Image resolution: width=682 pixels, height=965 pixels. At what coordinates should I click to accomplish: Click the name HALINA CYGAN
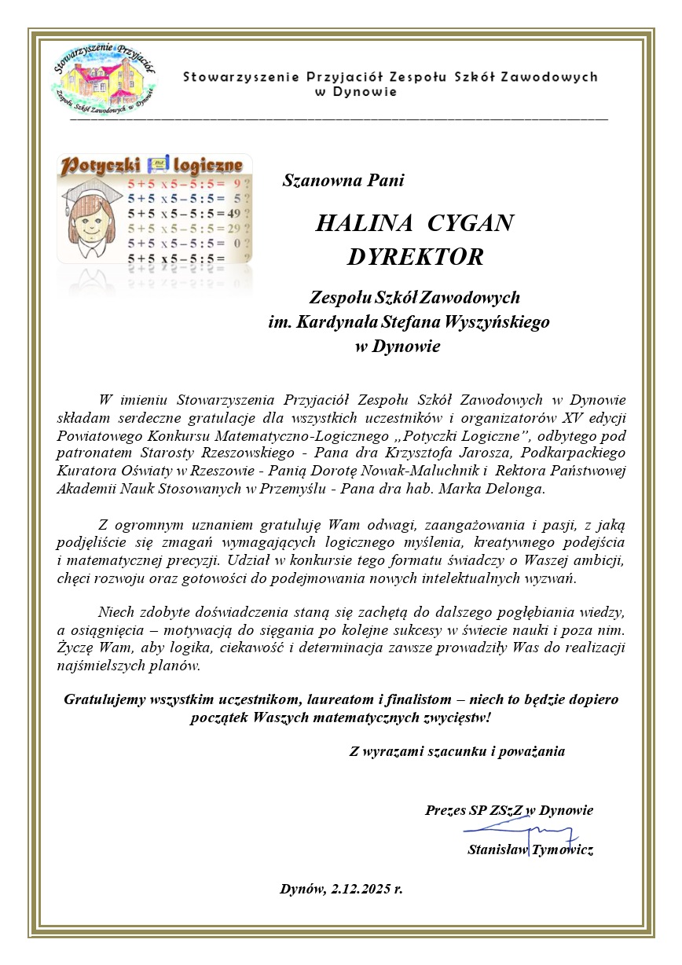click(x=414, y=223)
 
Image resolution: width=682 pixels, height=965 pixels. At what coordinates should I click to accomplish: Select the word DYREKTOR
click(x=415, y=258)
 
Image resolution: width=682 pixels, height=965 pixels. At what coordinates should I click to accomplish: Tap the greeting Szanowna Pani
click(x=343, y=181)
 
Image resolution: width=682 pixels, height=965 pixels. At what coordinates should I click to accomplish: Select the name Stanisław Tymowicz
click(x=530, y=849)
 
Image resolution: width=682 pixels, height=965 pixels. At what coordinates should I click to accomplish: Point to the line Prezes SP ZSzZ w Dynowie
click(x=508, y=810)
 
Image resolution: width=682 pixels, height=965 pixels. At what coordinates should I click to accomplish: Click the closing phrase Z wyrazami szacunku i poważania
click(x=456, y=751)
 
